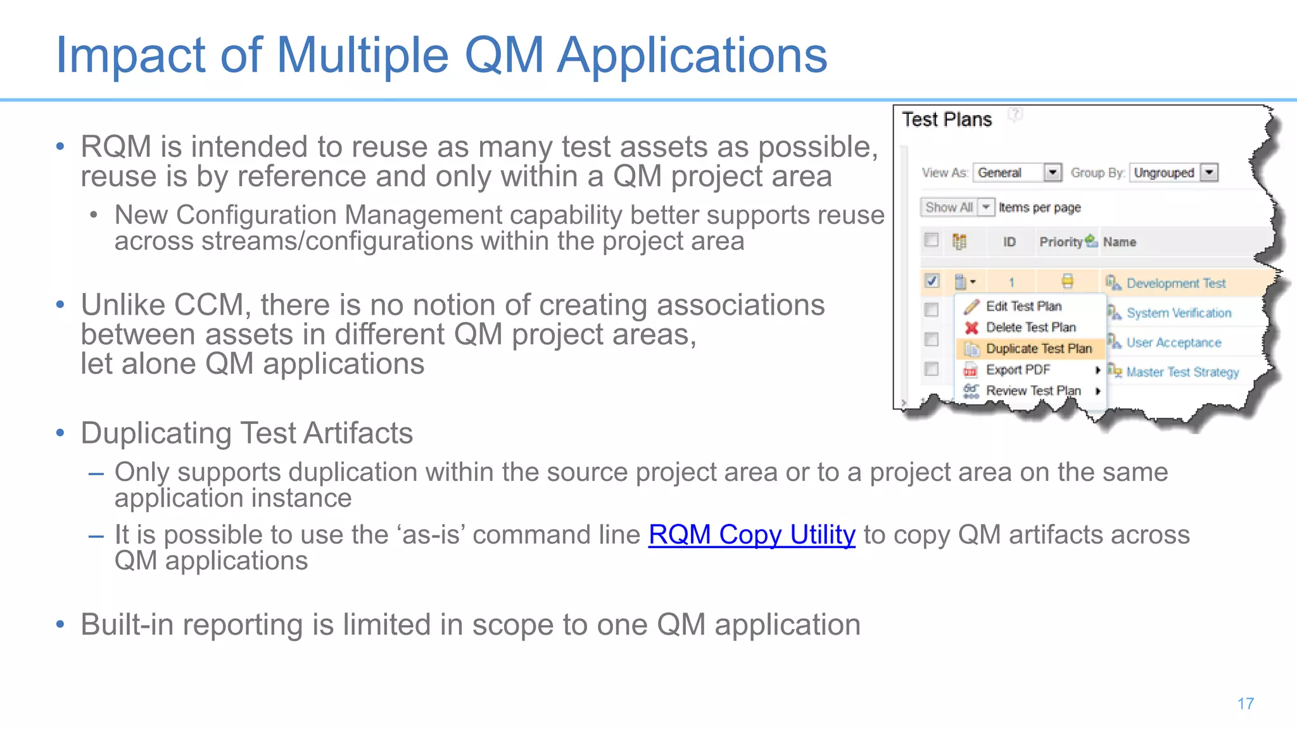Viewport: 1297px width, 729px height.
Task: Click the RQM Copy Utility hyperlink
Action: point(752,535)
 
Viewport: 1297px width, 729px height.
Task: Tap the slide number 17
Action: point(1245,704)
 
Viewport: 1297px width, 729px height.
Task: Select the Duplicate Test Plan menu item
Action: point(1038,349)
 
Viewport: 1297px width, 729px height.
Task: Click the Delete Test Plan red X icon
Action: point(971,328)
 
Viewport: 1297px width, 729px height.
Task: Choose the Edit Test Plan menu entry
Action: point(1023,306)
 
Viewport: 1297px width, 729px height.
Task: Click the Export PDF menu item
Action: point(1018,370)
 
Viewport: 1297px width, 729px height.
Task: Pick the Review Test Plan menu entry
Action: point(1033,391)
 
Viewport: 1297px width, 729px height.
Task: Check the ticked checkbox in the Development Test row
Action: point(932,280)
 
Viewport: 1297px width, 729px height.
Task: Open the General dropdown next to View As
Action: point(1052,172)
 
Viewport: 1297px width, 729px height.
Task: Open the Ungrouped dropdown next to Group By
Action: point(1209,172)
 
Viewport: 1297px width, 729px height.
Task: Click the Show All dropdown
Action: point(957,208)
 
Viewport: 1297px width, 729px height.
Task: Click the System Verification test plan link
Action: point(1179,313)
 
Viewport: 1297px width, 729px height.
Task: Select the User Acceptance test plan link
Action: point(1174,343)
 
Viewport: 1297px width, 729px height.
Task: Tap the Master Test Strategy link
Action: point(1182,372)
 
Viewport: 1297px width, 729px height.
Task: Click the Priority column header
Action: point(1061,242)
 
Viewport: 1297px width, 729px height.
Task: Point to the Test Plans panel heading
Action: point(946,120)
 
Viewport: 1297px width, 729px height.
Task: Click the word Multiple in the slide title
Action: point(362,56)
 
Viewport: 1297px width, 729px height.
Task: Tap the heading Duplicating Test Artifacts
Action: point(246,433)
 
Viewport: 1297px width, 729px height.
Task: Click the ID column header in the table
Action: point(1009,242)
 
